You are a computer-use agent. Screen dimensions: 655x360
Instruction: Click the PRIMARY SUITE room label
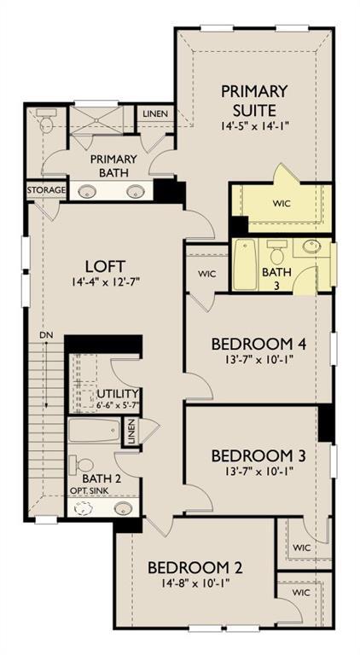(253, 100)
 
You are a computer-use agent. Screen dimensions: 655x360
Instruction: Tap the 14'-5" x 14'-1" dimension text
(253, 125)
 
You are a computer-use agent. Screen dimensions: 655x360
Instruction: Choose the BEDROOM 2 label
(189, 567)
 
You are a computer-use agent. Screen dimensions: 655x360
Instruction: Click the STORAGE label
(45, 189)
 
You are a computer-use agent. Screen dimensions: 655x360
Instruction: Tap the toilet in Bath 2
(84, 466)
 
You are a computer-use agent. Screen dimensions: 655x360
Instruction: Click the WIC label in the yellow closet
(282, 205)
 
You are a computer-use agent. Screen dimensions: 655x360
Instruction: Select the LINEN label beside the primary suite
(155, 113)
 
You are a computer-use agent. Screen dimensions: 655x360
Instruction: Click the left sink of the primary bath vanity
(86, 191)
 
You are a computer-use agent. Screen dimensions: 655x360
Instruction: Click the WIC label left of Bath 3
(206, 274)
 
